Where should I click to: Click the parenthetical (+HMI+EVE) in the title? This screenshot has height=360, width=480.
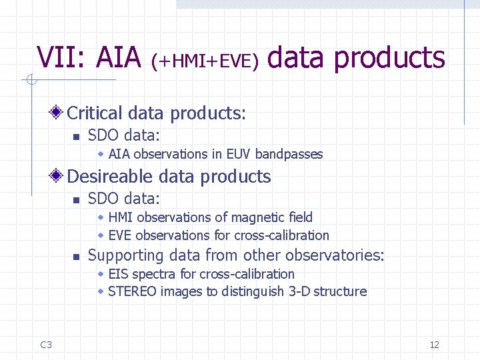coord(205,61)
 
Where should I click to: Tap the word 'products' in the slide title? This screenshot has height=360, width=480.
coord(389,59)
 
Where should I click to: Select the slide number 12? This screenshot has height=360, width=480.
coord(434,345)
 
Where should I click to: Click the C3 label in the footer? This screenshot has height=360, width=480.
coord(46,345)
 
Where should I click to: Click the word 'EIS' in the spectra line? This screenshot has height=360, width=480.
coord(117,274)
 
